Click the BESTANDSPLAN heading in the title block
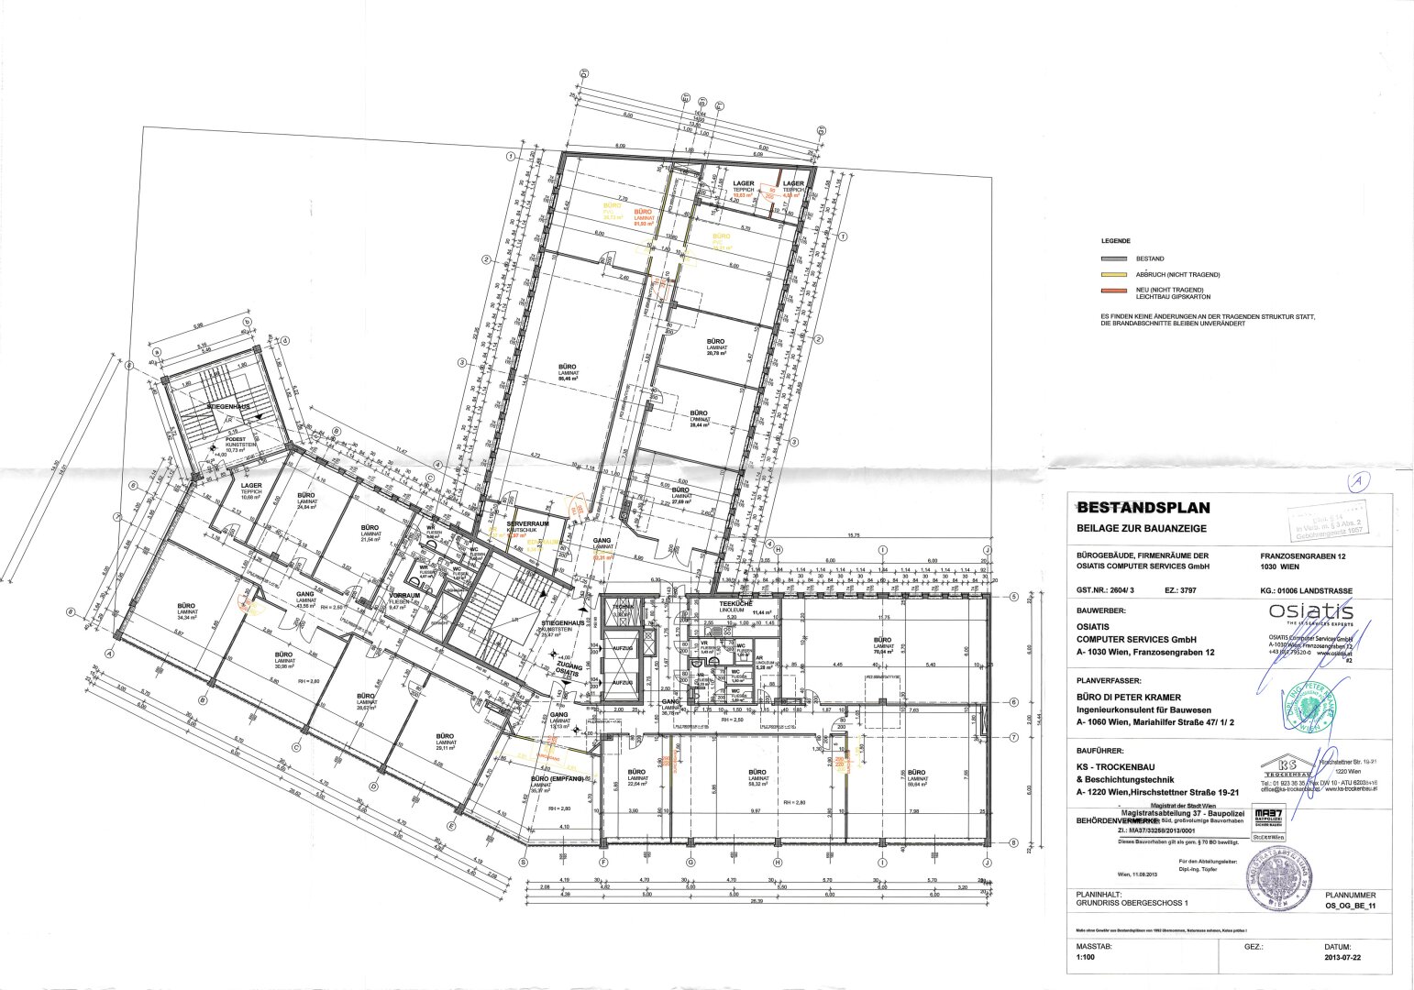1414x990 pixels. [1143, 507]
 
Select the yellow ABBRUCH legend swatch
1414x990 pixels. [1114, 275]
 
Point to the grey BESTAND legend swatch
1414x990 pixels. [1114, 259]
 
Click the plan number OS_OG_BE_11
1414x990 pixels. [1351, 904]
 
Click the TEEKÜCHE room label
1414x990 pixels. [735, 604]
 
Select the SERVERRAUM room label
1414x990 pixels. [527, 523]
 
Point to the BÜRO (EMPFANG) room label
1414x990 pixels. [557, 778]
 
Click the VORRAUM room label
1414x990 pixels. [404, 595]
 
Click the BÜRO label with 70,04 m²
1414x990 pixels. [882, 640]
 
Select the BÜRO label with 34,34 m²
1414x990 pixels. [186, 606]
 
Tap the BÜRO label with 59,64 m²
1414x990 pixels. [916, 772]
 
